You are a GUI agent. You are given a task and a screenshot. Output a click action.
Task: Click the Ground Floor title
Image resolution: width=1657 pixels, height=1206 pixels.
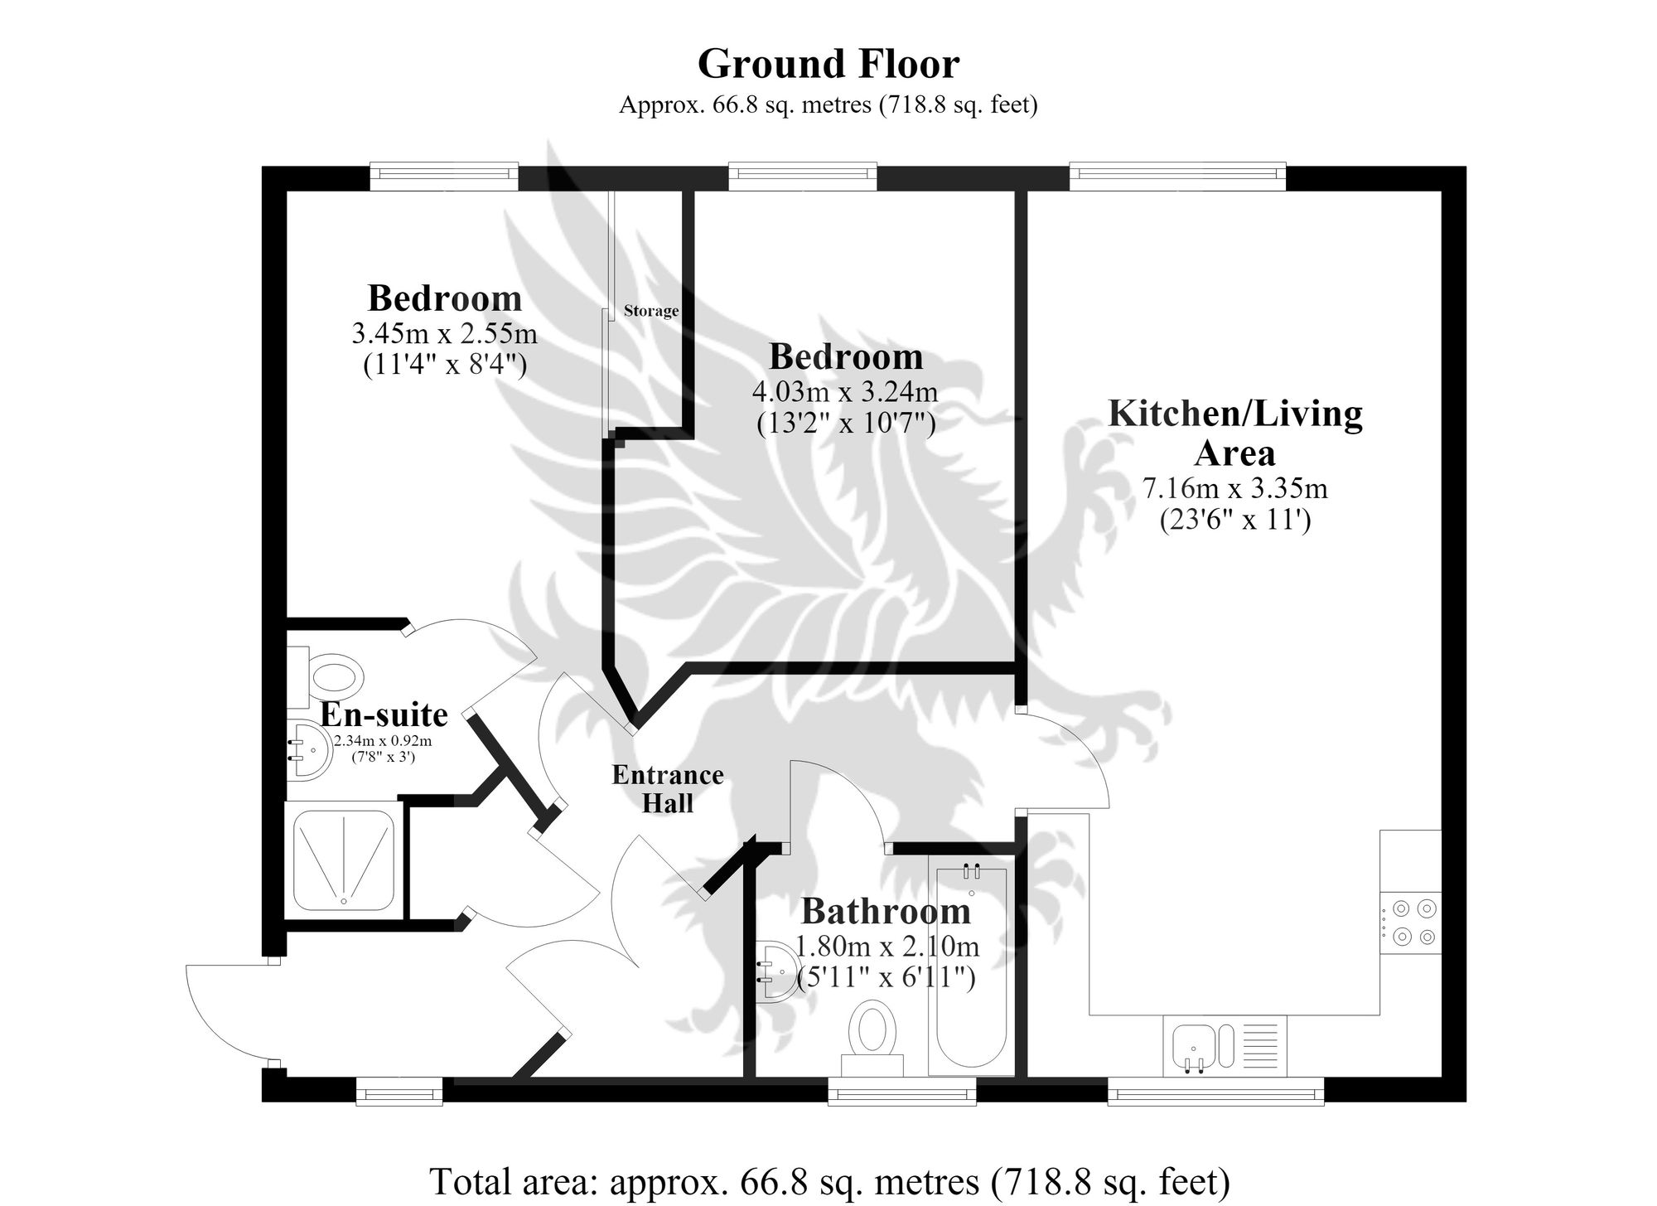click(828, 64)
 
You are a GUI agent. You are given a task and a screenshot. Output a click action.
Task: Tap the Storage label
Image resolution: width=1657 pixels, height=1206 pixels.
click(651, 311)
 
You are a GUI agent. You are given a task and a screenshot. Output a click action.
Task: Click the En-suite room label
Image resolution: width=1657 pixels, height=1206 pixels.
click(384, 714)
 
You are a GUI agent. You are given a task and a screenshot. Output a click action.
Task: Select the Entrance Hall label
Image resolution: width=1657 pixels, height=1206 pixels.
click(668, 789)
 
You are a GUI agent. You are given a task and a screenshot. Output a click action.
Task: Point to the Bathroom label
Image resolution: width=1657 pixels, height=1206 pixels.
click(886, 912)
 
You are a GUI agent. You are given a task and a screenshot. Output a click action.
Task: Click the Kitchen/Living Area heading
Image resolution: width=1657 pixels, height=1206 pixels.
click(1235, 433)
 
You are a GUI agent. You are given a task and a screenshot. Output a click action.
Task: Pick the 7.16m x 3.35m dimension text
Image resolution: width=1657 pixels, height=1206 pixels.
click(1235, 488)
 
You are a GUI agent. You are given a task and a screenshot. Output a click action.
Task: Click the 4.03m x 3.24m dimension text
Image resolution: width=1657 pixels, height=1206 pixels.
click(845, 391)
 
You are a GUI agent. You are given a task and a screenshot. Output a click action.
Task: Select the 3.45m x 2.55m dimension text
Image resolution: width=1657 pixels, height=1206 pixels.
click(445, 333)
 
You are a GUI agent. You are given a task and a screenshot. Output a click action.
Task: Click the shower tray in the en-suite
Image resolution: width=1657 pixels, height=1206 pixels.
click(344, 860)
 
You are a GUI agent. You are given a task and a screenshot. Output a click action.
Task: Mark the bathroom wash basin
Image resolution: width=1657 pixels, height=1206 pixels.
click(778, 970)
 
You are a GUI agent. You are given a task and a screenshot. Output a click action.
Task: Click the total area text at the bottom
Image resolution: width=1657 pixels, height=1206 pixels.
click(828, 1180)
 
